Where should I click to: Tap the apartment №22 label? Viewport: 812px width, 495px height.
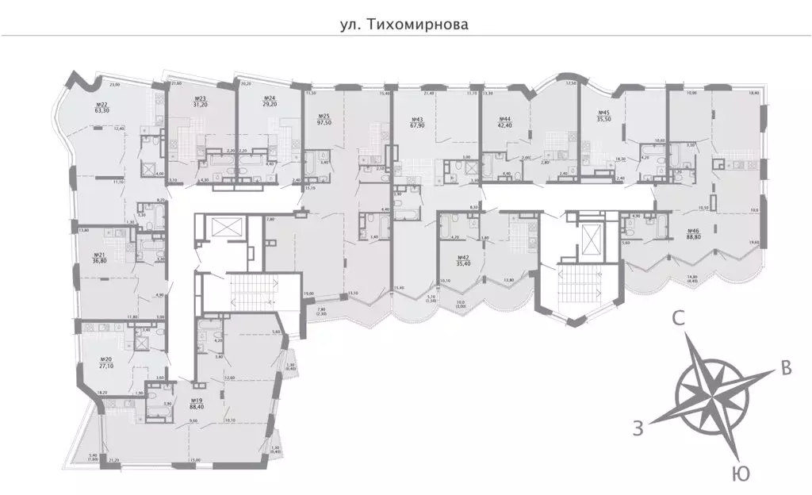tap(102, 105)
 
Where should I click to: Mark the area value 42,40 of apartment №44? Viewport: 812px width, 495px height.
tap(504, 125)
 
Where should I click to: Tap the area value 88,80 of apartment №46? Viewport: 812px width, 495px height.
tap(699, 236)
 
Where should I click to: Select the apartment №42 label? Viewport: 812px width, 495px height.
tap(464, 258)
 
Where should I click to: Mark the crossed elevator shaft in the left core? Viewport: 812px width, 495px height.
tap(225, 228)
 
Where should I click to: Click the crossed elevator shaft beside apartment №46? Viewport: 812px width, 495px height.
tap(590, 237)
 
